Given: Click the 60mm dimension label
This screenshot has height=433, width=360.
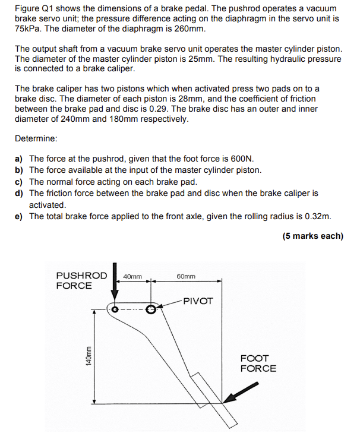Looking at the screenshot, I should pos(186,276).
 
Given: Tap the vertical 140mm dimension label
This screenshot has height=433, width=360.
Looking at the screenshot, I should pos(88,356).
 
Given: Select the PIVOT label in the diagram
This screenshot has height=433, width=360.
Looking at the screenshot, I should pos(198,301).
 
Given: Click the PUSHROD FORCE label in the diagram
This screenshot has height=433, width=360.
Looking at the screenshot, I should pos(81,280).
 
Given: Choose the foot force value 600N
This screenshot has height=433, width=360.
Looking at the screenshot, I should pos(241,159).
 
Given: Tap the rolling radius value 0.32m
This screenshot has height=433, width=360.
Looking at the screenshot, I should pos(318,216).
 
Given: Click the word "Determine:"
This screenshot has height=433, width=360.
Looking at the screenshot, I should pos(36,138).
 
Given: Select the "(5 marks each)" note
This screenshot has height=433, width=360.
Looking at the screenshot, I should pos(312,236).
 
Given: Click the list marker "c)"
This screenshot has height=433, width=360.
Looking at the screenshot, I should pos(19,182).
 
